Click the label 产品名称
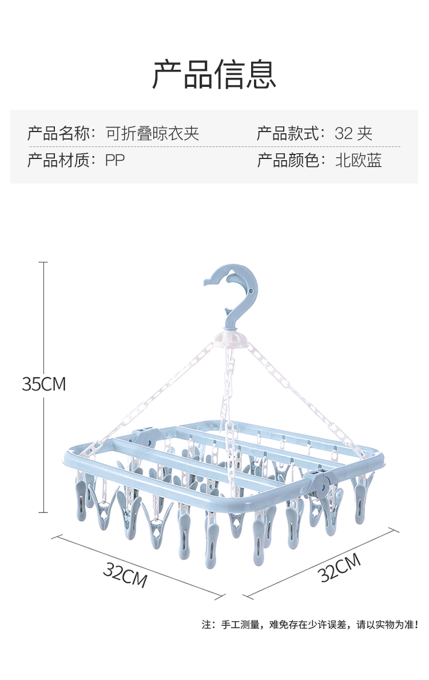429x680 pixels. coord(59,134)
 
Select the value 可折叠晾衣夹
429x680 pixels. coord(152,134)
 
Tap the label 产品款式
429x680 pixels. coord(288,134)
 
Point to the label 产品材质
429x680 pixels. coord(59,160)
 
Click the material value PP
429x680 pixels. coord(114,160)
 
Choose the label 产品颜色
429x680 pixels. coord(288,160)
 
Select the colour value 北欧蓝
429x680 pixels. coord(358,160)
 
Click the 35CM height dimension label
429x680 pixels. coord(43,384)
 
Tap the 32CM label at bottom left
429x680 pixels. coord(125,574)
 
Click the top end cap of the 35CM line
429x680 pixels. coord(43,262)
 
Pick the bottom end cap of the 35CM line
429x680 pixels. coord(43,512)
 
